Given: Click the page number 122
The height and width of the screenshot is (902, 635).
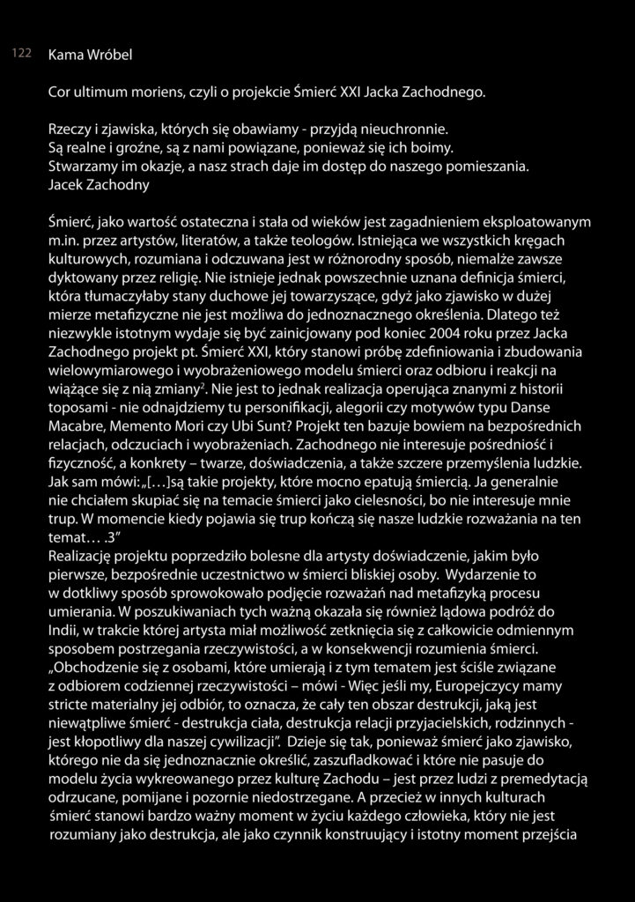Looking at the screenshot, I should click(21, 54).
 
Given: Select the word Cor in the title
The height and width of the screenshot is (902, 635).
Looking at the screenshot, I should click(60, 92).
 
